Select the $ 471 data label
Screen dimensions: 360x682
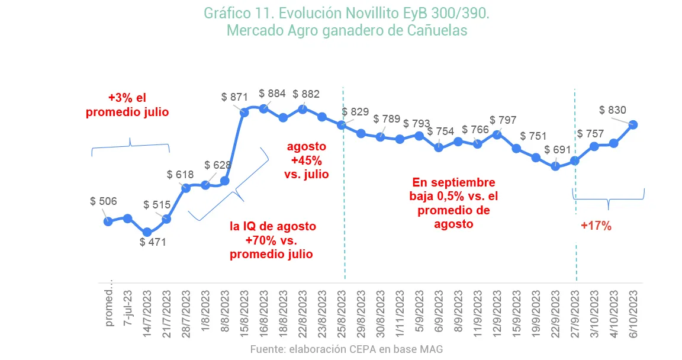coord(153,242)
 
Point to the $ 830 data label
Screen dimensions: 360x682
coord(613,110)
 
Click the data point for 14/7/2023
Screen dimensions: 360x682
coord(147,233)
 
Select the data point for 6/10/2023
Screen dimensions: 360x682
coord(633,124)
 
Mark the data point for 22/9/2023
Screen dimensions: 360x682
coord(555,166)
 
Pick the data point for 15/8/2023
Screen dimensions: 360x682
coord(245,111)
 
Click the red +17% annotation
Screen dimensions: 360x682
coord(596,226)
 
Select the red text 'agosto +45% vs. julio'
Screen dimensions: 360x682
coord(306,160)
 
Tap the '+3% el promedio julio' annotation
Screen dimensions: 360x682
coord(127,105)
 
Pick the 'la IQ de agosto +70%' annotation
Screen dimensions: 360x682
coord(273,240)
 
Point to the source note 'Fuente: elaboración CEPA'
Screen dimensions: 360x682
coord(346,349)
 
